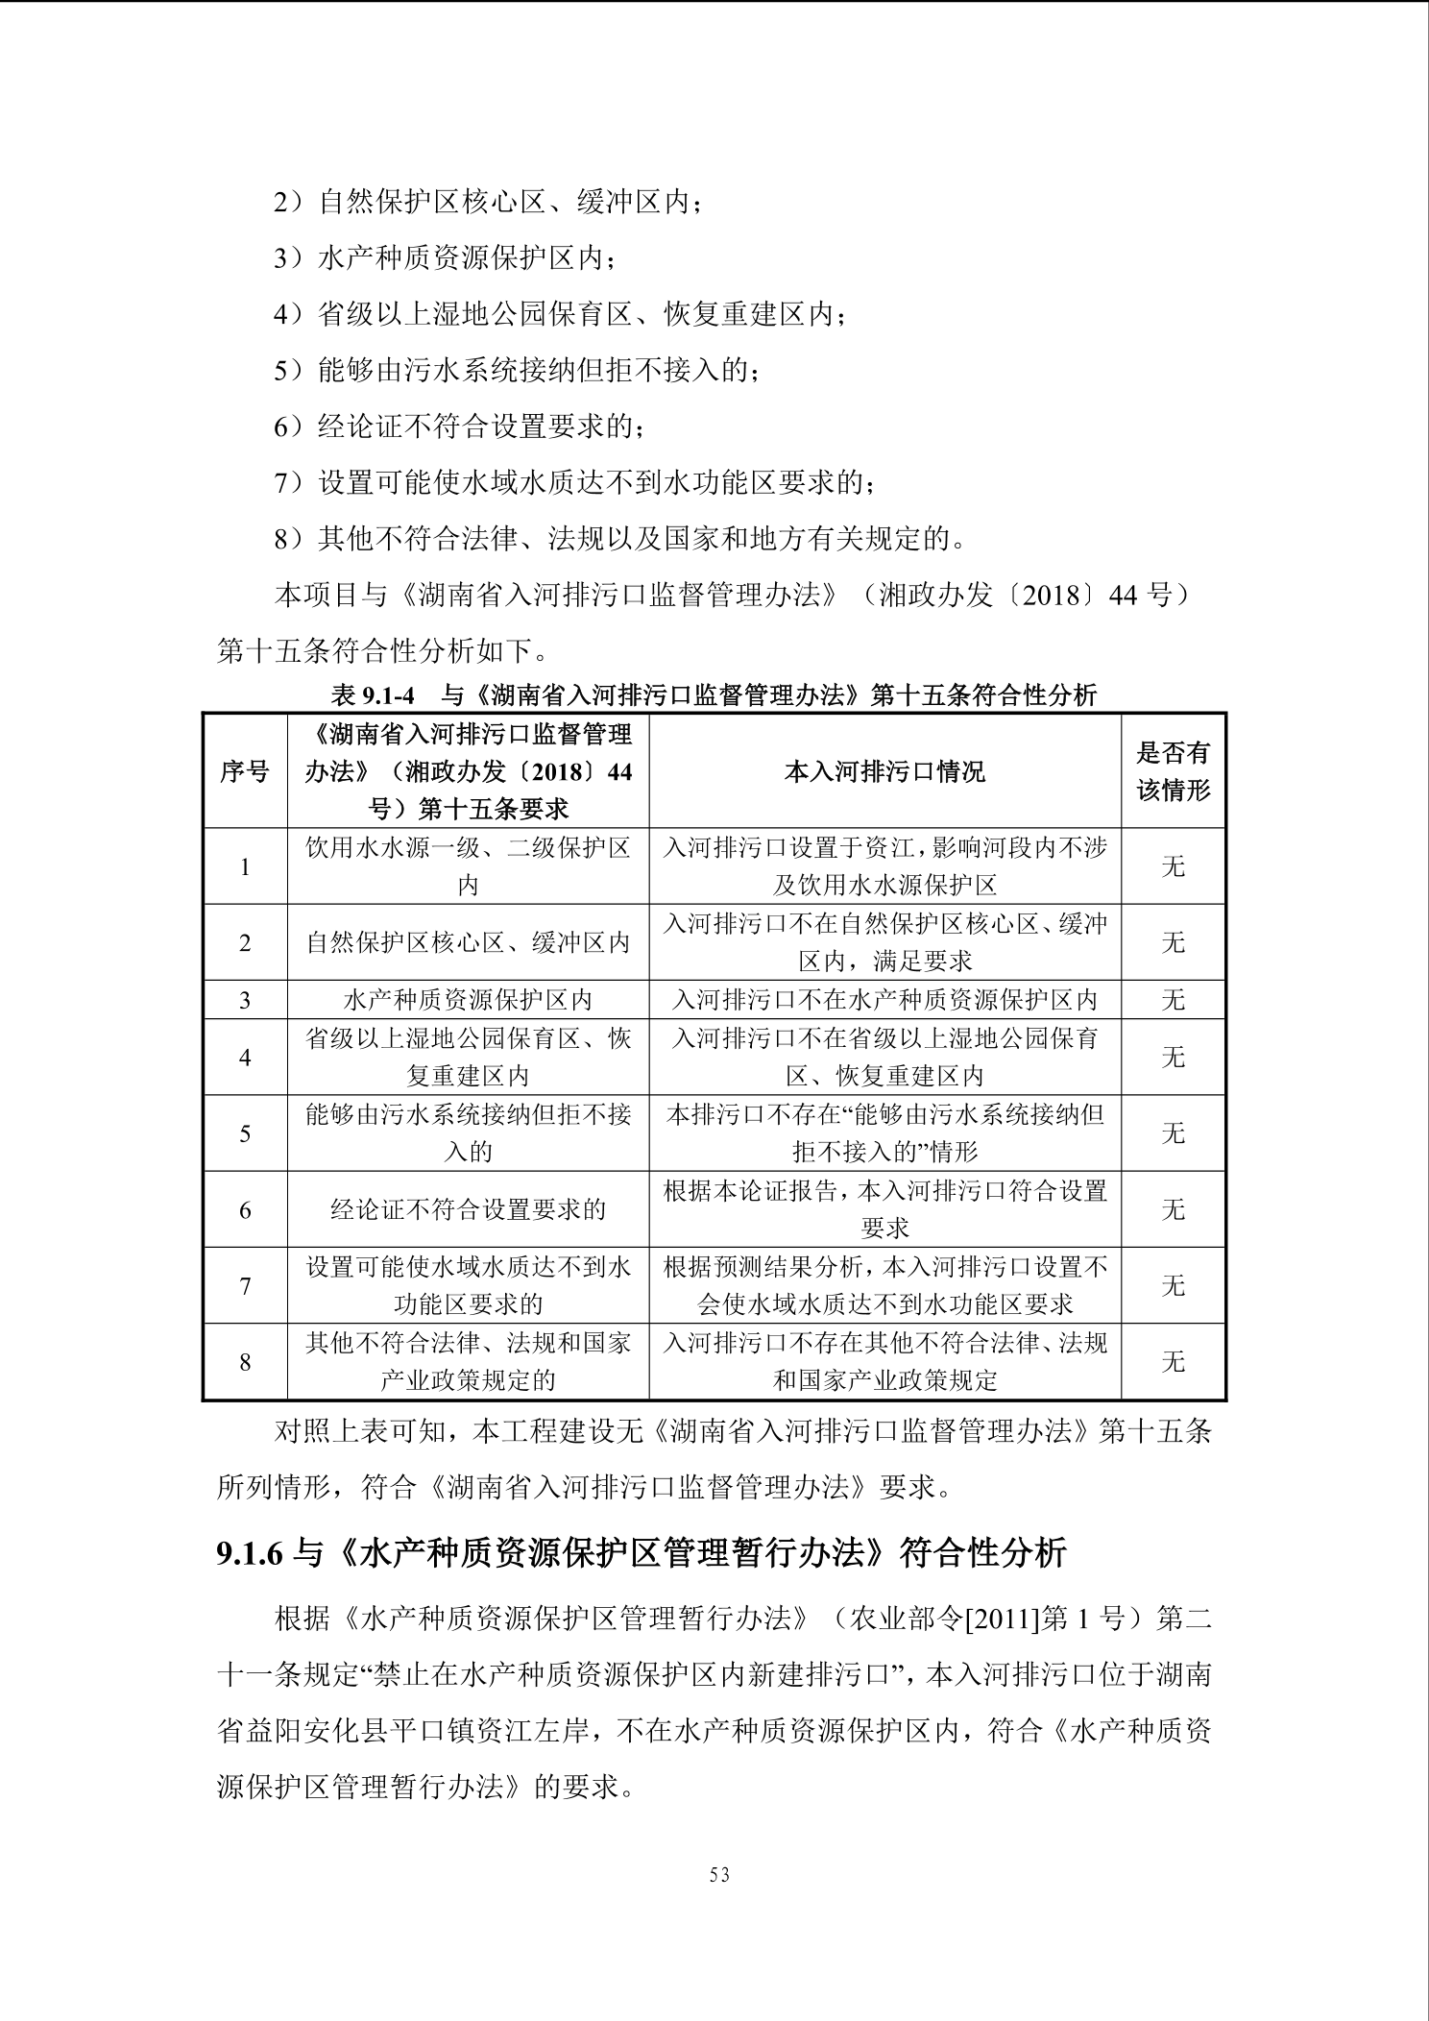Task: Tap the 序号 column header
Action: click(x=245, y=771)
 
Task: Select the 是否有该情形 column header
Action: click(x=1173, y=771)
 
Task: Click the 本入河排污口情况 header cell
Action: click(x=884, y=771)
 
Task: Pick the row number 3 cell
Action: click(x=245, y=1000)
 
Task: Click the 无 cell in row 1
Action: click(x=1173, y=866)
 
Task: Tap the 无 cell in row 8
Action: click(x=1173, y=1362)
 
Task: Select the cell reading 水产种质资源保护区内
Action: click(x=468, y=1000)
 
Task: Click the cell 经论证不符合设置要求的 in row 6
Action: click(x=468, y=1209)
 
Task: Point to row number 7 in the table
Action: click(x=245, y=1286)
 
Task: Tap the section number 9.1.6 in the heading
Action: click(x=250, y=1554)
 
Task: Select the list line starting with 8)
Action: click(x=619, y=538)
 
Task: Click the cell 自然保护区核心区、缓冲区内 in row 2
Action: click(x=468, y=942)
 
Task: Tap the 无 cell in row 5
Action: click(x=1173, y=1133)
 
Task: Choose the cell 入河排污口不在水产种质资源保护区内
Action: click(x=884, y=1000)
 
